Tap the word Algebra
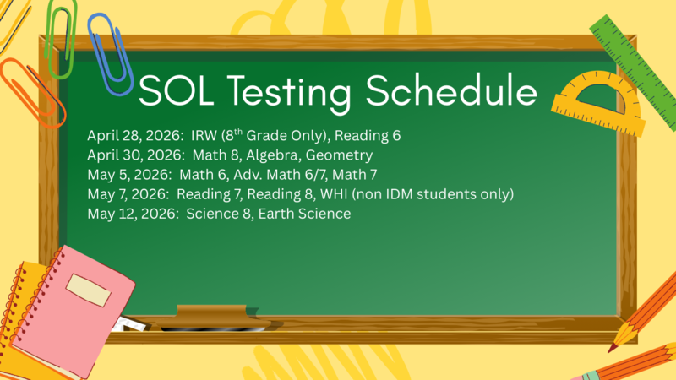tap(266, 156)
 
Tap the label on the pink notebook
tap(89, 290)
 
